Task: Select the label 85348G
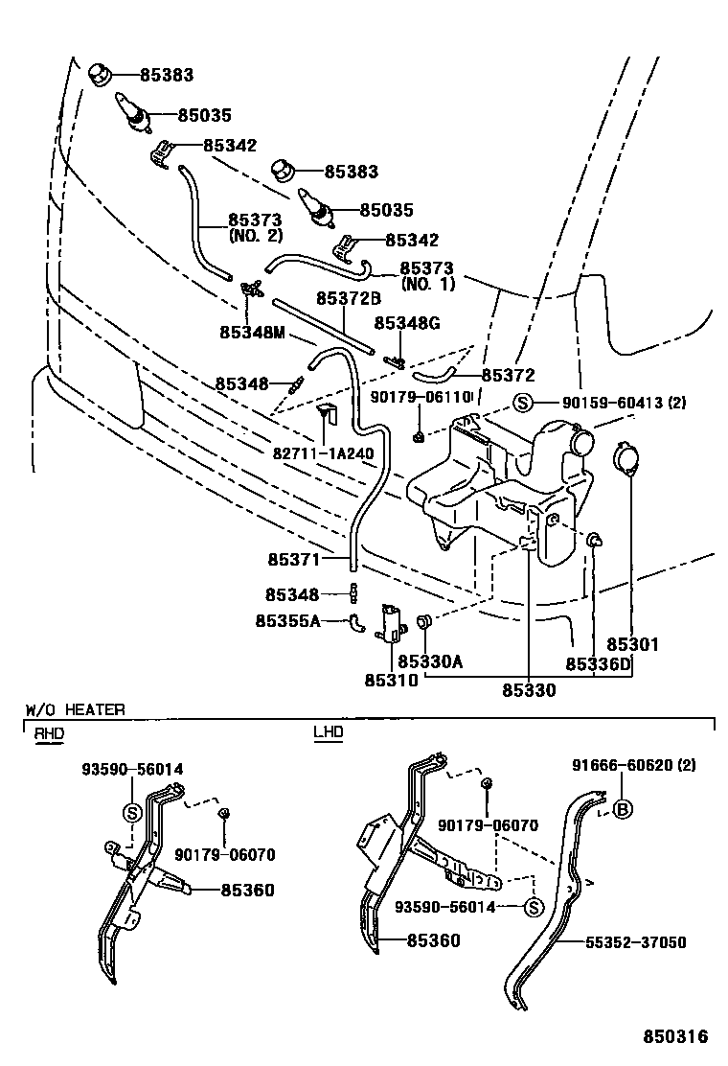pyautogui.click(x=406, y=323)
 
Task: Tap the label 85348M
pyautogui.click(x=254, y=333)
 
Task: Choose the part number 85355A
pyautogui.click(x=287, y=621)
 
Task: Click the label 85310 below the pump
pyautogui.click(x=390, y=681)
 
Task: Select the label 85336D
pyautogui.click(x=598, y=663)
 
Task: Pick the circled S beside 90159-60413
pyautogui.click(x=522, y=403)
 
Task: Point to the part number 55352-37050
pyautogui.click(x=636, y=942)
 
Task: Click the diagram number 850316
pyautogui.click(x=674, y=1037)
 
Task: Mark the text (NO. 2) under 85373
pyautogui.click(x=255, y=235)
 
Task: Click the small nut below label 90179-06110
pyautogui.click(x=421, y=437)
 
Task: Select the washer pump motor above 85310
pyautogui.click(x=391, y=621)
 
